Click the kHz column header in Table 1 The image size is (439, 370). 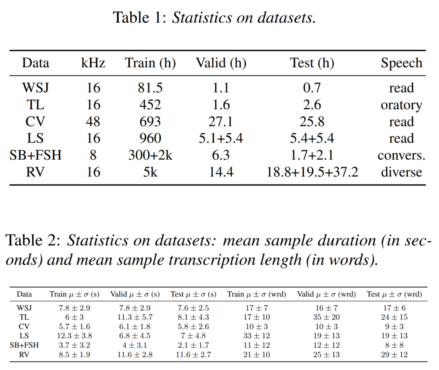coord(93,63)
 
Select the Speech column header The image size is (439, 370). coord(401,63)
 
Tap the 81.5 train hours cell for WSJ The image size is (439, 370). coord(150,88)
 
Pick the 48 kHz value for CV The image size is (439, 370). coord(93,121)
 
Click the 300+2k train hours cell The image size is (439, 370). coord(150,155)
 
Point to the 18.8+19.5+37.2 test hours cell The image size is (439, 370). coord(312,172)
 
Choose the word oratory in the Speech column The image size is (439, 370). coord(401,105)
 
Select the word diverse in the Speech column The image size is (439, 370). coord(401,172)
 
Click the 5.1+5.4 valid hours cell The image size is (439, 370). coord(221,138)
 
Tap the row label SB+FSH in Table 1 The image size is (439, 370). coord(36,155)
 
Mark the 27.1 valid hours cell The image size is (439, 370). coord(221,121)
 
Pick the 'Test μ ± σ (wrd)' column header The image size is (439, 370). coord(394,294)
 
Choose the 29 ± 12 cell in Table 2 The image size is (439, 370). coord(394,355)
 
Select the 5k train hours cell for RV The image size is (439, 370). coord(150,172)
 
